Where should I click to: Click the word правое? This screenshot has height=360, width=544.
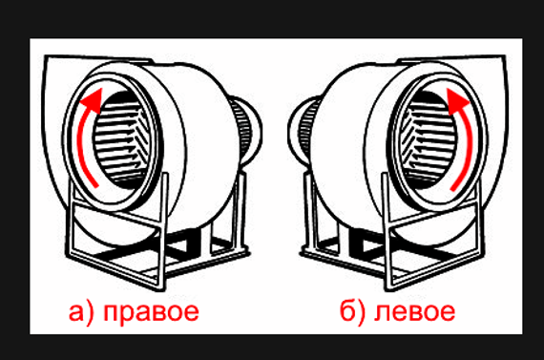tap(151, 312)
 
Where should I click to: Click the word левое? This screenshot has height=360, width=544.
tap(414, 311)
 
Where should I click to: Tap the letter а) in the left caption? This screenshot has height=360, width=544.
tap(81, 312)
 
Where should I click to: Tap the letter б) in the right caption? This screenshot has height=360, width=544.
tap(352, 311)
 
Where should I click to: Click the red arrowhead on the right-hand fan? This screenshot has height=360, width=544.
tap(457, 100)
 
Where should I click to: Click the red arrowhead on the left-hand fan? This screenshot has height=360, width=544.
tap(93, 100)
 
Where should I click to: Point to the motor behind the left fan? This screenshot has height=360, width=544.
tap(244, 130)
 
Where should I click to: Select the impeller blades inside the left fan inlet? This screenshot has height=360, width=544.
tap(121, 138)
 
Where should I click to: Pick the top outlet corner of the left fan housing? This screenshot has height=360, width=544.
tap(46, 56)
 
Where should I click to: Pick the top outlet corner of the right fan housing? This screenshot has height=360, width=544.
tap(504, 56)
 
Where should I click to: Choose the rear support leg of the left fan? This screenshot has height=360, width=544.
tap(241, 212)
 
